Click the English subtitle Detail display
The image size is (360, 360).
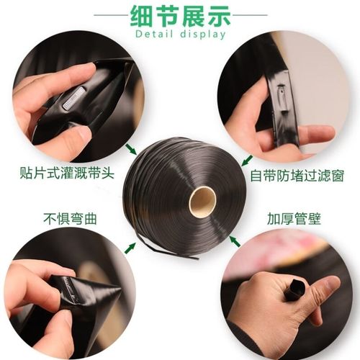[179, 34]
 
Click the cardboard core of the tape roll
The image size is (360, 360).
[202, 200]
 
